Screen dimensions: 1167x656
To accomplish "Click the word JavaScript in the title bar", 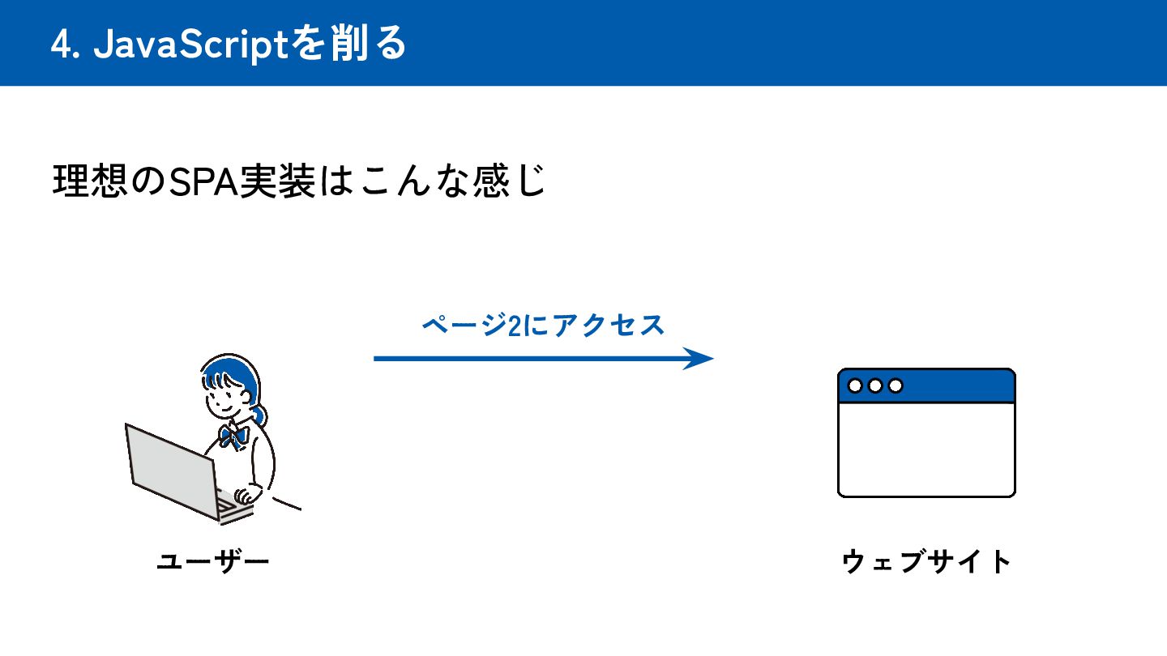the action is [x=191, y=45].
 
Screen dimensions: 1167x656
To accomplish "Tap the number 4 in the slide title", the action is [x=60, y=45].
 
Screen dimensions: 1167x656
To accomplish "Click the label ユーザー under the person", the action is [x=212, y=561].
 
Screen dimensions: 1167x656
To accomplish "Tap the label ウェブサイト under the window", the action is [x=927, y=561].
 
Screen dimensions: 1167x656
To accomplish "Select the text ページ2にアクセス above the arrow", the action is [x=543, y=326].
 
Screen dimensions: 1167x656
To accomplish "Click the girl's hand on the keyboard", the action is [x=244, y=495].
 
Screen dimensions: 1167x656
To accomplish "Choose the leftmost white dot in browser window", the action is [x=855, y=386].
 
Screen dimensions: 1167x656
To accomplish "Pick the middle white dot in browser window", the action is [x=875, y=386].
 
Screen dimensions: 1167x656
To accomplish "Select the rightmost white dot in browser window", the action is [x=896, y=386].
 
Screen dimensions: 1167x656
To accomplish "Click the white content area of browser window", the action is [x=926, y=449].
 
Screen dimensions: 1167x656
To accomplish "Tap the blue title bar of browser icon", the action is [x=956, y=386].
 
